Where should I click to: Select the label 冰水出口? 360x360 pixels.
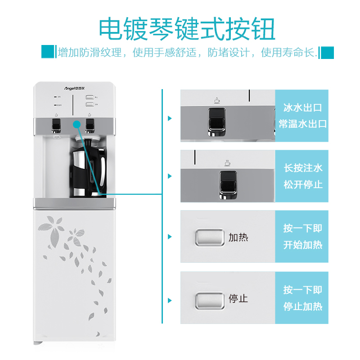tap(302, 108)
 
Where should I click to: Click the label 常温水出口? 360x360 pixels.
tap(302, 124)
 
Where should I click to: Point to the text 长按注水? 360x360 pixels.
tap(302, 168)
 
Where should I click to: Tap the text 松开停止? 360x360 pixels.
tap(302, 184)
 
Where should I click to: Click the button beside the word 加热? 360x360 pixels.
tap(209, 237)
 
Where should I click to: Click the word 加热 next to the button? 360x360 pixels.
tap(238, 237)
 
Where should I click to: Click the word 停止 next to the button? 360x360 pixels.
tap(238, 299)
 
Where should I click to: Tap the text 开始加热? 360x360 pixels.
tap(302, 245)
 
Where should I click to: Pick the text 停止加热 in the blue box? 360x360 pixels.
tap(302, 307)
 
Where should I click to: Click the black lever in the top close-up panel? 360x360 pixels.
tap(216, 122)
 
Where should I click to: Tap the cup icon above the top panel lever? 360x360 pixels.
tap(216, 100)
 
